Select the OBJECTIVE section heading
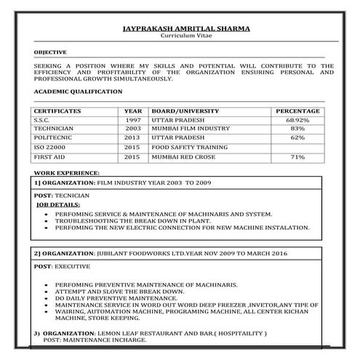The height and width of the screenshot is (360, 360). (x=50, y=52)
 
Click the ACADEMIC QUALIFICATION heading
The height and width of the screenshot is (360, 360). (x=78, y=92)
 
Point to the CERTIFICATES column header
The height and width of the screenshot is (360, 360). (x=57, y=111)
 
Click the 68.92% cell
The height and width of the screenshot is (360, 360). (x=297, y=119)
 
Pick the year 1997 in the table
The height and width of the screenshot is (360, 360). (x=132, y=119)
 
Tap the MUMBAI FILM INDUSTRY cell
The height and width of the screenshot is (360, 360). (x=186, y=128)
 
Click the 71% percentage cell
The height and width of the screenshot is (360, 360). (x=297, y=156)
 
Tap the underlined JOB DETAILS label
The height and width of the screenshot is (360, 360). (x=59, y=206)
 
